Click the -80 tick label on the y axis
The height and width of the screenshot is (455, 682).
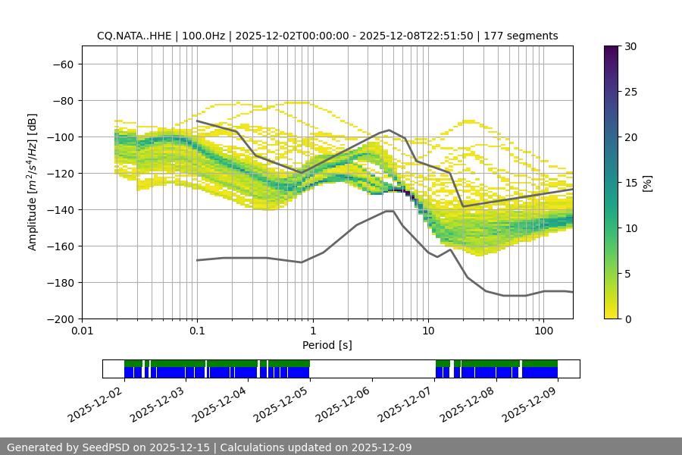pyautogui.click(x=63, y=100)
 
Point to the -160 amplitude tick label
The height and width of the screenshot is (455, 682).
pyautogui.click(x=60, y=246)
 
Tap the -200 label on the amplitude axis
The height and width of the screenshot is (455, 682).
pyautogui.click(x=60, y=318)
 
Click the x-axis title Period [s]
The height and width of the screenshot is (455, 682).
pyautogui.click(x=327, y=345)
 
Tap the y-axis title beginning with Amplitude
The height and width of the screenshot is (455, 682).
pyautogui.click(x=32, y=182)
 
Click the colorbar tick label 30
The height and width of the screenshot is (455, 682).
pyautogui.click(x=629, y=46)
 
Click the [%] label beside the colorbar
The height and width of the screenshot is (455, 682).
pyautogui.click(x=647, y=183)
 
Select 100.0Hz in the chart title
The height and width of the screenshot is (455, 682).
pyautogui.click(x=203, y=36)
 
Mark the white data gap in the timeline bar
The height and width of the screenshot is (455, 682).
pyautogui.click(x=372, y=369)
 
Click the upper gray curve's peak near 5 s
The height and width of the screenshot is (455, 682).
pyautogui.click(x=389, y=130)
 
